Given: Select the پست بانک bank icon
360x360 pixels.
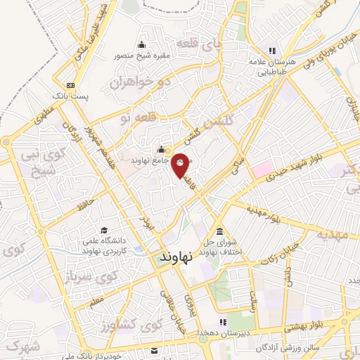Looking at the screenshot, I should pyautogui.click(x=70, y=85).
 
